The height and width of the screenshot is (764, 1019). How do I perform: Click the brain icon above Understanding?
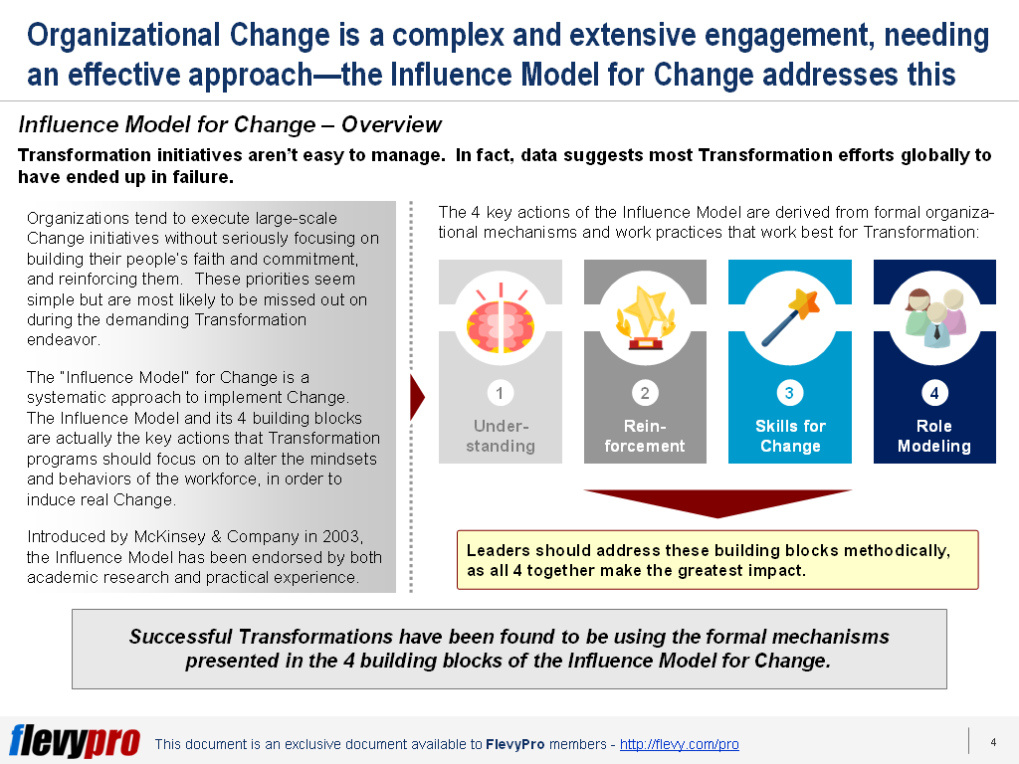click(500, 317)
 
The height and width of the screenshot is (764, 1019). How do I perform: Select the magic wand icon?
click(790, 317)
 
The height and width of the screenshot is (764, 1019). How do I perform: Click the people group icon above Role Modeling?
click(934, 317)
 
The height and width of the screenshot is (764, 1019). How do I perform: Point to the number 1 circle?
click(500, 393)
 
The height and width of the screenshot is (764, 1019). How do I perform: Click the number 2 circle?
click(645, 393)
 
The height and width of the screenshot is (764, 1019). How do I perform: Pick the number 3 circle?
click(790, 393)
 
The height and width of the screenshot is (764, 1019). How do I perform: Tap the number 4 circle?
click(934, 393)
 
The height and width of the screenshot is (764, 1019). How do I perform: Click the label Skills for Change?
click(790, 436)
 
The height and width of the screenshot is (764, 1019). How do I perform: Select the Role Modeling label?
click(934, 436)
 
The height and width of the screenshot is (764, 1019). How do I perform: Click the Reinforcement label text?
click(645, 436)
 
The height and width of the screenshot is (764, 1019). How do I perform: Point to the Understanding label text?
click(500, 436)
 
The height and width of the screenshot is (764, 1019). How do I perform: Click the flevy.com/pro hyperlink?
click(679, 744)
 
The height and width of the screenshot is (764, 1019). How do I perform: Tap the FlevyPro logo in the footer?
click(75, 741)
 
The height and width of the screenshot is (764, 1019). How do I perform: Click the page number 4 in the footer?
click(993, 742)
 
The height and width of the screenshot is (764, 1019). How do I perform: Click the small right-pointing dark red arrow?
click(417, 398)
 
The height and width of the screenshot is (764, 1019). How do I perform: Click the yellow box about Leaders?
click(716, 560)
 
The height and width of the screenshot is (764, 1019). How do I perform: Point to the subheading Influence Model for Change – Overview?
click(230, 124)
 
